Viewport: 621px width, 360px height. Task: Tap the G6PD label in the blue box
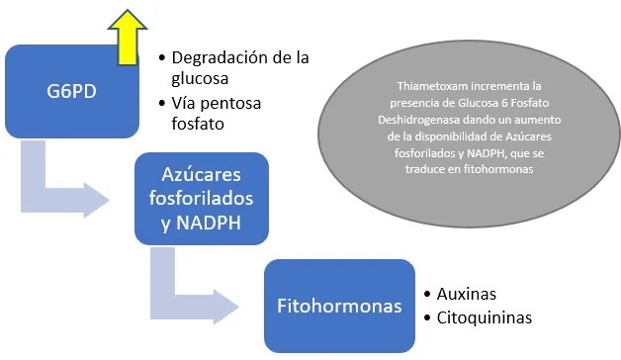[x=71, y=92]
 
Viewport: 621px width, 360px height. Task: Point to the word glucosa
[x=200, y=78]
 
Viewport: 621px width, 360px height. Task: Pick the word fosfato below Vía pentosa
[x=198, y=124]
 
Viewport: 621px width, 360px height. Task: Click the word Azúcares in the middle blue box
[x=201, y=175]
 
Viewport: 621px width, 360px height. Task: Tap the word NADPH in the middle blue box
[x=209, y=223]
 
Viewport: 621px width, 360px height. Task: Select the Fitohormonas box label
[x=339, y=306]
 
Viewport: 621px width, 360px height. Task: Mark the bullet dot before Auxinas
[x=427, y=295]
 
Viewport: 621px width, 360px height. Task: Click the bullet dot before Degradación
[x=161, y=57]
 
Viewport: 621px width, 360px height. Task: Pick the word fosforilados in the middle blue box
[x=201, y=199]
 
